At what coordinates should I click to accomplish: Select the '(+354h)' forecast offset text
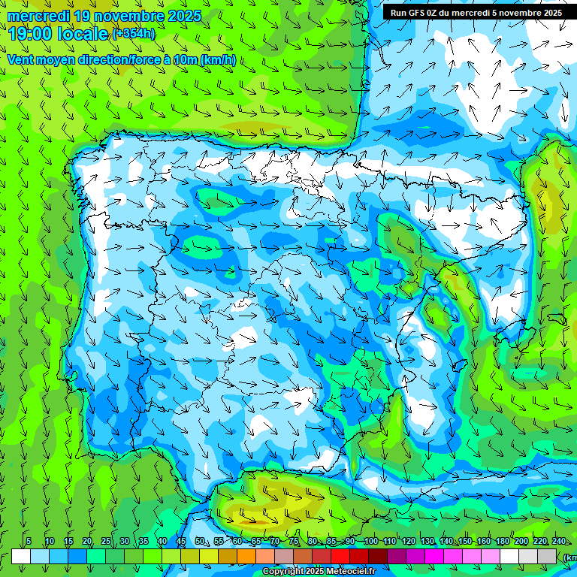click(x=134, y=34)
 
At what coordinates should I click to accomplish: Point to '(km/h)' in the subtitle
click(x=218, y=60)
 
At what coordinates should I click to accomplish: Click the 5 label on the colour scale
click(x=28, y=542)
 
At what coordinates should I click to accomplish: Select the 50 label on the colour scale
click(x=200, y=542)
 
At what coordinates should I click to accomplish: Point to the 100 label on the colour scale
click(x=370, y=542)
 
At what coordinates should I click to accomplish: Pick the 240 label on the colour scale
click(x=559, y=542)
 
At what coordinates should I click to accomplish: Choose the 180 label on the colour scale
click(x=503, y=542)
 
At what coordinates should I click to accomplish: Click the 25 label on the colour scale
click(x=106, y=542)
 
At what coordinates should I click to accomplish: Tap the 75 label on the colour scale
click(x=294, y=542)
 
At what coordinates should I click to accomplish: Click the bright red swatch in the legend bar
click(x=340, y=556)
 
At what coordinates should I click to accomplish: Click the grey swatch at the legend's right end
click(x=547, y=556)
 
